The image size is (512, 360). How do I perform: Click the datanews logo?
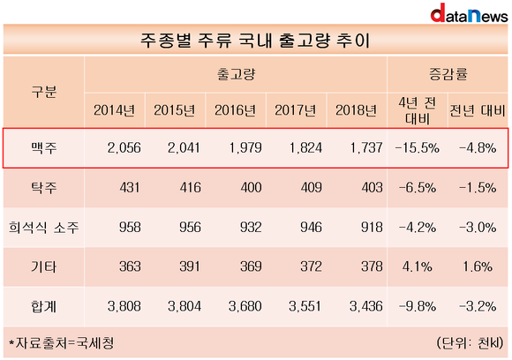pos(470,13)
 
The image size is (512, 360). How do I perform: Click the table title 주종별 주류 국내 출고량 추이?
pos(255,41)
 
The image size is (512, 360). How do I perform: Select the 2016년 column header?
pos(235,110)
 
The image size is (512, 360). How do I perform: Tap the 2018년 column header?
pos(356,110)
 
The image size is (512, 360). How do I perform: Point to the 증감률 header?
pos(448,74)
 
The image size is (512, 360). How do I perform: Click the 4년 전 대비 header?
pos(418,110)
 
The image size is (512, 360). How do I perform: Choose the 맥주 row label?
pos(44,148)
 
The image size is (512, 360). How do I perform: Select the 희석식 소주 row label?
pos(44,227)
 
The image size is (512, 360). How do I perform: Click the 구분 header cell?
pos(44,92)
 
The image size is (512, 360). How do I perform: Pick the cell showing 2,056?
pos(124,148)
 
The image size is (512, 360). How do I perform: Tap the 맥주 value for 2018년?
pos(366,148)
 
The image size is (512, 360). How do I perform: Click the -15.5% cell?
pos(418,148)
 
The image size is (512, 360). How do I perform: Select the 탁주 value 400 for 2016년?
pos(251,188)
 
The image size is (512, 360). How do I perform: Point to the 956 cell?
pos(190,227)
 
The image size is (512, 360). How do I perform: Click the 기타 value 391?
pos(190,266)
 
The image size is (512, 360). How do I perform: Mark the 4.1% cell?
pos(418,267)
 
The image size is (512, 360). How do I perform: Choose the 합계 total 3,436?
pos(366,306)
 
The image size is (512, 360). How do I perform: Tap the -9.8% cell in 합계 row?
pos(418,306)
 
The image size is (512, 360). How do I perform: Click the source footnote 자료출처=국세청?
pos(62,343)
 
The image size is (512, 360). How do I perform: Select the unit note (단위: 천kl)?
pos(471,343)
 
